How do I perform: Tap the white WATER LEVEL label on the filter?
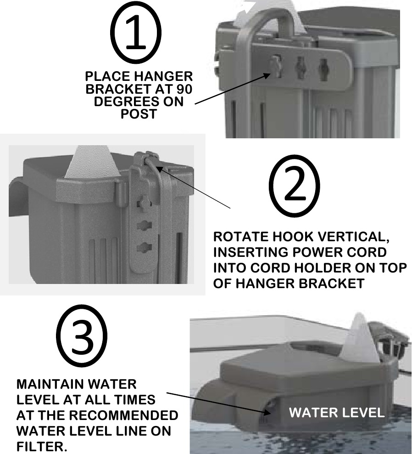(337, 413)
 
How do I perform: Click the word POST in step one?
(139, 113)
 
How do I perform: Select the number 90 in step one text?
(184, 89)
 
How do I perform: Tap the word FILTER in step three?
(41, 446)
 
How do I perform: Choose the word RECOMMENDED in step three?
(123, 415)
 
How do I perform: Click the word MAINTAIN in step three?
(50, 384)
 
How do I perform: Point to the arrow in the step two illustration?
(194, 187)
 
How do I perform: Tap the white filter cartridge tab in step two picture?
(93, 162)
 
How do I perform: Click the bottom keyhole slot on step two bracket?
(144, 247)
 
